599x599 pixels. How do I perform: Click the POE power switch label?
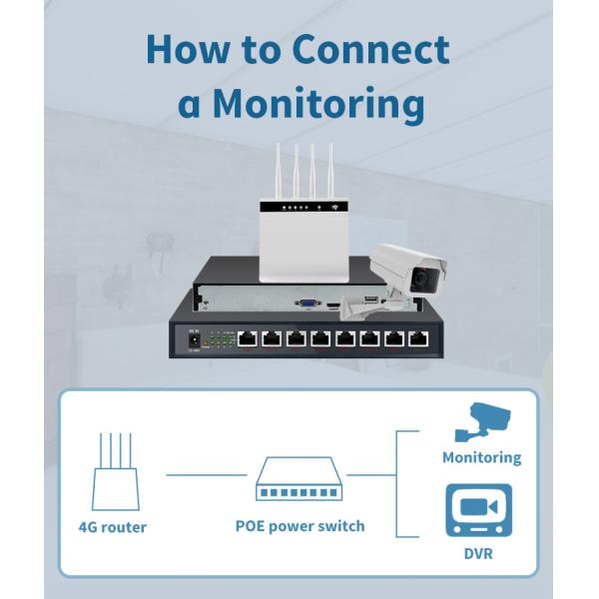click(299, 525)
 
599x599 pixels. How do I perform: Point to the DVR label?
click(477, 552)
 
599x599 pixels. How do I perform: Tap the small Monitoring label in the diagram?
click(481, 457)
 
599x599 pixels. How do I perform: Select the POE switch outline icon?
click(299, 479)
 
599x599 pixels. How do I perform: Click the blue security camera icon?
click(481, 421)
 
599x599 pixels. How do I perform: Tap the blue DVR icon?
click(478, 510)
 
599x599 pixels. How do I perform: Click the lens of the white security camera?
click(423, 280)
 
